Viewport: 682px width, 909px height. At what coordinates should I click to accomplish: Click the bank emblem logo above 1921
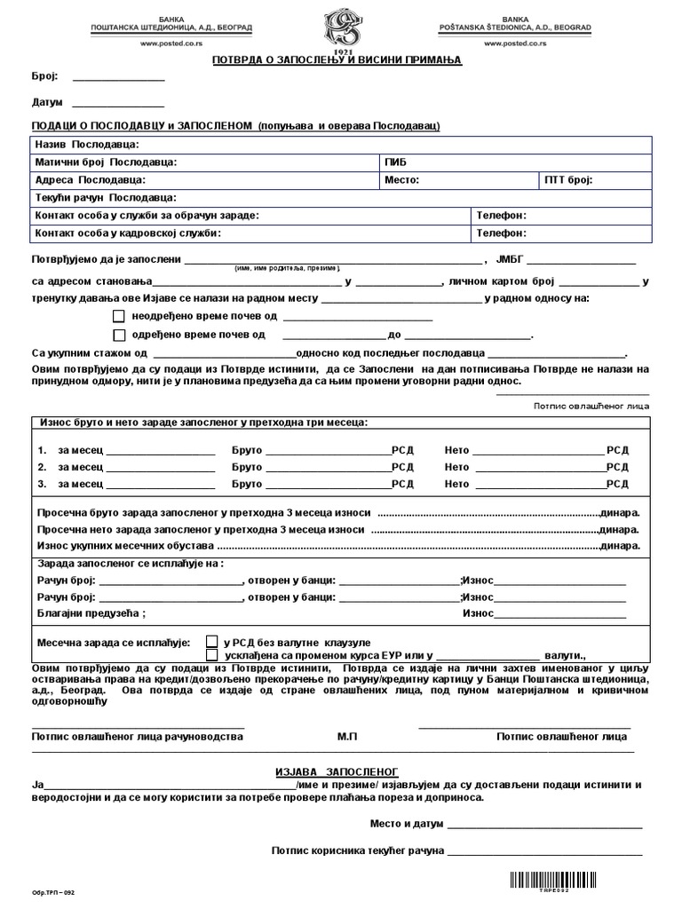341,27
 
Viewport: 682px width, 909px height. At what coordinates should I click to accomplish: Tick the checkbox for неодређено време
119,316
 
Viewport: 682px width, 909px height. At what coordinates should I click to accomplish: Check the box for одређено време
119,335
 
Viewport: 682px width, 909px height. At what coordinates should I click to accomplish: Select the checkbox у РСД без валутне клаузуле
212,640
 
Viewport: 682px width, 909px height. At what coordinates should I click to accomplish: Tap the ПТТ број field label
569,180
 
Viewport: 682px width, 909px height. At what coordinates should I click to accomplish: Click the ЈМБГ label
514,260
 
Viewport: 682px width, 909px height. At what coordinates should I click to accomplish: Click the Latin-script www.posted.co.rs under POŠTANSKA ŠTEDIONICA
511,42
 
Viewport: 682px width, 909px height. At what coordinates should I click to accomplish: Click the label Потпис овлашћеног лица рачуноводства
138,736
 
